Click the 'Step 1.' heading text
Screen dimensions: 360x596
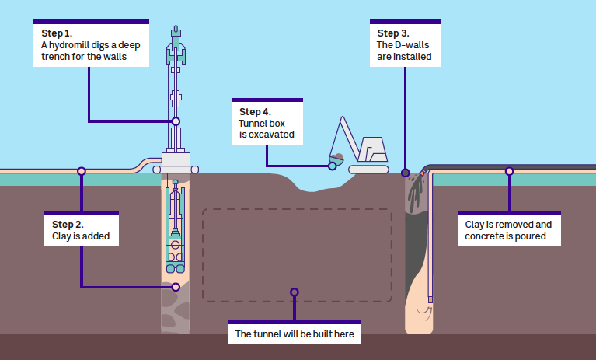coord(57,33)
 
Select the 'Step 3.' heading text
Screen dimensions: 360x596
coord(392,33)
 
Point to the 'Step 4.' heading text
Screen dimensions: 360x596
coord(256,112)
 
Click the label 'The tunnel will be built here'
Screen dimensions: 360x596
coord(294,335)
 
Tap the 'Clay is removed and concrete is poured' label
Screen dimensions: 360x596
coord(508,231)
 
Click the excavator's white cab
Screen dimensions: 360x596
coord(373,147)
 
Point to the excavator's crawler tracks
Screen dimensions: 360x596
coord(368,168)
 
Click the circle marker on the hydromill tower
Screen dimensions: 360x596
coord(176,121)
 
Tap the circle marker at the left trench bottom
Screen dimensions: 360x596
coord(176,287)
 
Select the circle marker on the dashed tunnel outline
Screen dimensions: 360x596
coord(294,292)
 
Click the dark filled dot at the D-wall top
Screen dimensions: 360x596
coord(405,173)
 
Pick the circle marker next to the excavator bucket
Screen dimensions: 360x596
coord(332,166)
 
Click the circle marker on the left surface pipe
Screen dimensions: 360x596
coord(81,171)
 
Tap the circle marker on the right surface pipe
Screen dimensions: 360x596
coord(509,171)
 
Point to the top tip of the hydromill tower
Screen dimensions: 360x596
coord(176,27)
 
